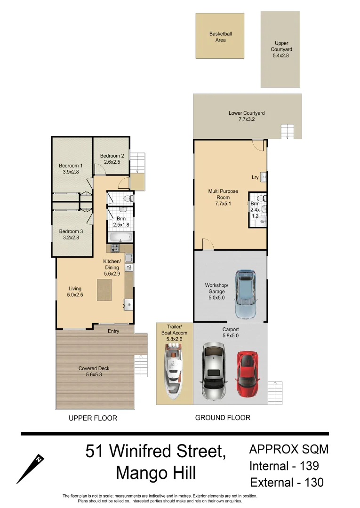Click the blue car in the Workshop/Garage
click(246, 294)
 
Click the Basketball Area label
click(220, 37)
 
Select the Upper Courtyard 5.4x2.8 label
click(281, 49)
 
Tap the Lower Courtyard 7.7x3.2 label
click(247, 116)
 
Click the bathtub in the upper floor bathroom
click(120, 237)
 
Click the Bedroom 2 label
click(112, 159)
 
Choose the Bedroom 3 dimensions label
click(71, 238)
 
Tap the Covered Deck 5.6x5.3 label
click(94, 372)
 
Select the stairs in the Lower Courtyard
click(288, 131)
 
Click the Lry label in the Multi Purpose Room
click(255, 177)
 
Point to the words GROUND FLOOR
click(223, 418)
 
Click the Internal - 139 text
click(284, 466)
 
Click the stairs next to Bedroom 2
click(137, 163)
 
